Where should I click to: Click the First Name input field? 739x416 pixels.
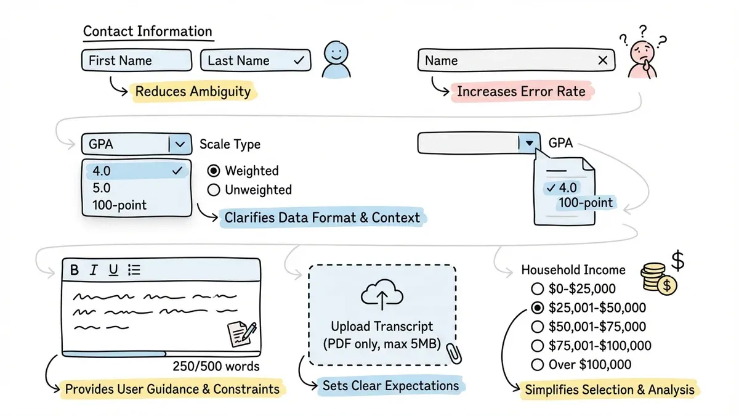click(136, 60)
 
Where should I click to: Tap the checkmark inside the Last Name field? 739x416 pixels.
click(299, 60)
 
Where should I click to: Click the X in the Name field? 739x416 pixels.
click(603, 60)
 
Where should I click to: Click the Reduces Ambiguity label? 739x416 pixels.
click(193, 92)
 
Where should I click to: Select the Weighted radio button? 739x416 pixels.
click(214, 171)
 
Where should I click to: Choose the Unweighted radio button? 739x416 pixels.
click(214, 190)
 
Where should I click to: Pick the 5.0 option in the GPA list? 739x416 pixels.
click(102, 187)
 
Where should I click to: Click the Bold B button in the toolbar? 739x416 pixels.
click(75, 270)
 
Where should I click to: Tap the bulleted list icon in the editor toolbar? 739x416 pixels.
click(134, 270)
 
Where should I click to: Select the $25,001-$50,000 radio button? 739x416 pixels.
click(537, 308)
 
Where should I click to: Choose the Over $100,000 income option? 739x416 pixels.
click(537, 364)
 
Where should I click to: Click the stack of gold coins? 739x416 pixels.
click(656, 279)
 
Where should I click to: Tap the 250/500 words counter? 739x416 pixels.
click(216, 367)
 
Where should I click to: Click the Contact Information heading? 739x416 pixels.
click(147, 31)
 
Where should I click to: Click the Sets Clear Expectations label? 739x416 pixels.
click(390, 386)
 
